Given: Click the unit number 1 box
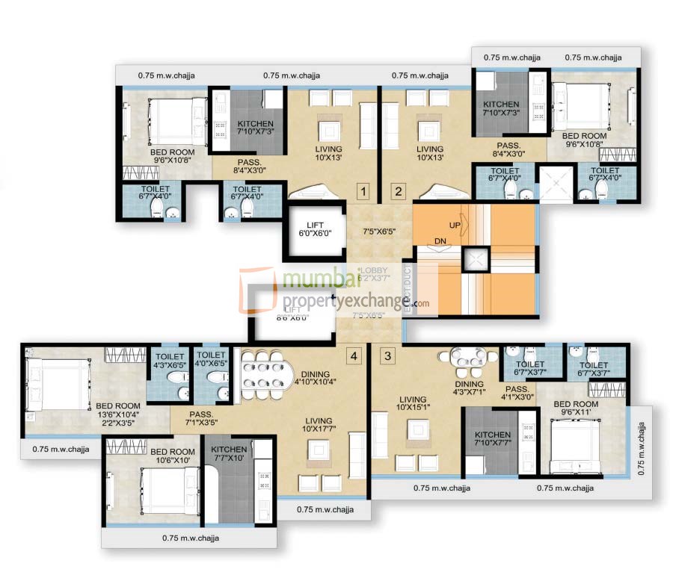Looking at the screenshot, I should tap(363, 192).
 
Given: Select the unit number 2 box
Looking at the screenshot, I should tap(398, 192).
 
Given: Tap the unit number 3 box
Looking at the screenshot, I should tap(387, 355).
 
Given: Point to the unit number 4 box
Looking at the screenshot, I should tap(354, 355).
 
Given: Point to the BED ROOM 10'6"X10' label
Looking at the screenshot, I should tap(169, 456).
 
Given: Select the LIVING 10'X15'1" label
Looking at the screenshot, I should tap(414, 404).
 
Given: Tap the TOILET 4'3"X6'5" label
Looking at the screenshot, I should tap(168, 361).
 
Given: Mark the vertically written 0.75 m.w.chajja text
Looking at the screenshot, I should tap(640, 448).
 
